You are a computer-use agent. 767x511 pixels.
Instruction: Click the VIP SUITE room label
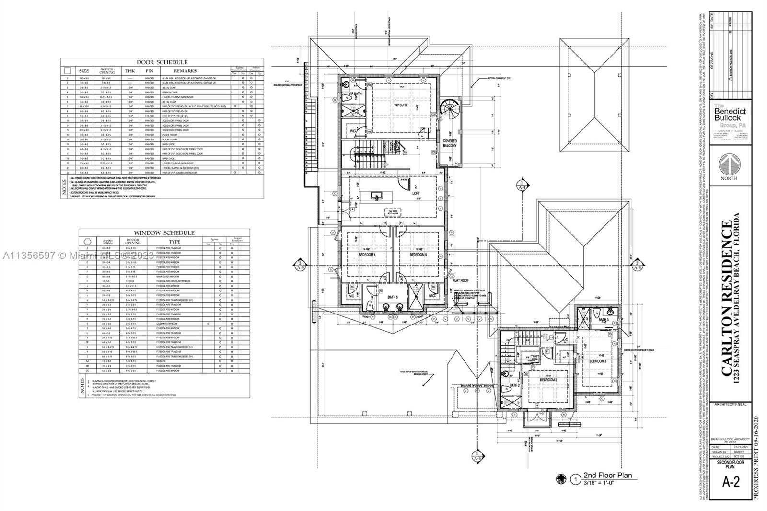tap(401, 105)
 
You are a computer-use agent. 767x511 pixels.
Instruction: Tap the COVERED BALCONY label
tap(450, 143)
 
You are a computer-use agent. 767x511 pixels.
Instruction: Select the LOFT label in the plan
tap(416, 194)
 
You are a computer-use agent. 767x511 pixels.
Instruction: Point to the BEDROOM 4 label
tap(367, 255)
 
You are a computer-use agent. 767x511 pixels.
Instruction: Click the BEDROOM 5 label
tap(418, 255)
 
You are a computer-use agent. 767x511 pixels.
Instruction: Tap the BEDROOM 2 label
tap(548, 379)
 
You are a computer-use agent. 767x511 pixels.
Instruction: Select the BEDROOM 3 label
tap(598, 361)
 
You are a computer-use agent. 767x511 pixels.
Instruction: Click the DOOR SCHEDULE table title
tap(162, 62)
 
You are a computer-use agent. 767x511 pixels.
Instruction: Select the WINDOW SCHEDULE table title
tap(164, 233)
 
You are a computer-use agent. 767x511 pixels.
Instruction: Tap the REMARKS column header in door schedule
tap(185, 71)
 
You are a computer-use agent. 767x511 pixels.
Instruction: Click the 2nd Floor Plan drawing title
tap(607, 476)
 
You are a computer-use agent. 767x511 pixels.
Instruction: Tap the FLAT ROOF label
tap(461, 281)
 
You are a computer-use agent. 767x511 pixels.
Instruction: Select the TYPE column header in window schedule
tap(175, 242)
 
